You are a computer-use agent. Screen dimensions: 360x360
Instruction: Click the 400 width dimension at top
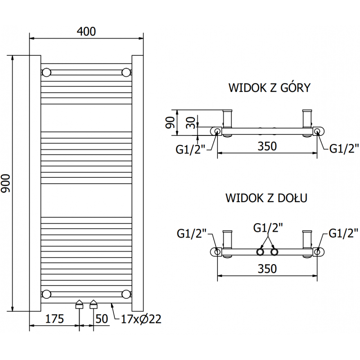coord(86,31)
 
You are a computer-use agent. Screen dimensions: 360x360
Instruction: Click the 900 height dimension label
coord(6,183)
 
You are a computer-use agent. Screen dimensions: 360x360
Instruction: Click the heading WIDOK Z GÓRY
coord(269,87)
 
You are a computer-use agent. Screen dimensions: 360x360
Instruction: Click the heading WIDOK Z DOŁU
coord(266,198)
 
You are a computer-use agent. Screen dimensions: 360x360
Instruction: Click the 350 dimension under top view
coord(267,147)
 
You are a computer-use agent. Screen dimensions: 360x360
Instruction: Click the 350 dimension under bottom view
coord(267,269)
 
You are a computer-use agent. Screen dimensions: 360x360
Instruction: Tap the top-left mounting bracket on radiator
coord(46,72)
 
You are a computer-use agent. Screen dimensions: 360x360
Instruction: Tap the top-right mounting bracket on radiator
coord(126,72)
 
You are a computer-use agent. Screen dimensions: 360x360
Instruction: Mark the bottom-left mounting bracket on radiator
coord(46,294)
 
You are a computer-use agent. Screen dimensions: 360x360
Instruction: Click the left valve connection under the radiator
coord(79,305)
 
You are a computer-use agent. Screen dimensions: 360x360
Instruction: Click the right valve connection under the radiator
coord(94,305)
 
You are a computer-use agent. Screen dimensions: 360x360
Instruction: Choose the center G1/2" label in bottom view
coord(268,228)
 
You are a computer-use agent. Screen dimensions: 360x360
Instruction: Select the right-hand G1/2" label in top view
coord(344,148)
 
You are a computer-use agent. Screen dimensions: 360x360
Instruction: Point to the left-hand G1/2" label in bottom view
coord(192,233)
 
